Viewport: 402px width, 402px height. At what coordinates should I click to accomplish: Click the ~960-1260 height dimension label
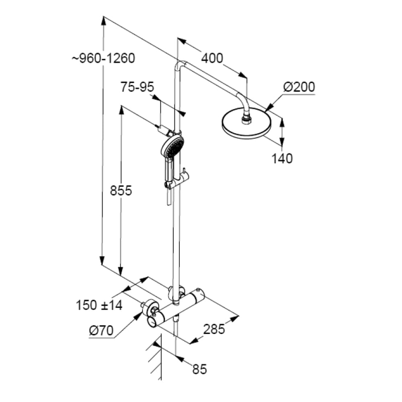pyautogui.click(x=103, y=58)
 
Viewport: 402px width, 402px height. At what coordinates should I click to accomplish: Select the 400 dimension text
pyautogui.click(x=212, y=58)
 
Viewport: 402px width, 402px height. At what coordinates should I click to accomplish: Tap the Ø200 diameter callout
pyautogui.click(x=299, y=87)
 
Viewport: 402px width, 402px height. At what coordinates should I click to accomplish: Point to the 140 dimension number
pyautogui.click(x=282, y=158)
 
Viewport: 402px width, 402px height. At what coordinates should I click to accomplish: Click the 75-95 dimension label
pyautogui.click(x=137, y=87)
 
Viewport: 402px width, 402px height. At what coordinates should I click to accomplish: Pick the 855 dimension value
pyautogui.click(x=121, y=191)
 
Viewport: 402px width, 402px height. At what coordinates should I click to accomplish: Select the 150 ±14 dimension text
pyautogui.click(x=99, y=306)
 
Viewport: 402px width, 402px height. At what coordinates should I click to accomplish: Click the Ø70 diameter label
pyautogui.click(x=101, y=330)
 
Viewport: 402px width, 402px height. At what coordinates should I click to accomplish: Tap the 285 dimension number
pyautogui.click(x=214, y=329)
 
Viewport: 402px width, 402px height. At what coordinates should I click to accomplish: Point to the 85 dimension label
pyautogui.click(x=199, y=369)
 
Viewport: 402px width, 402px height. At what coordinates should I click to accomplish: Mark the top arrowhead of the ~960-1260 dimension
pyautogui.click(x=104, y=21)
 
